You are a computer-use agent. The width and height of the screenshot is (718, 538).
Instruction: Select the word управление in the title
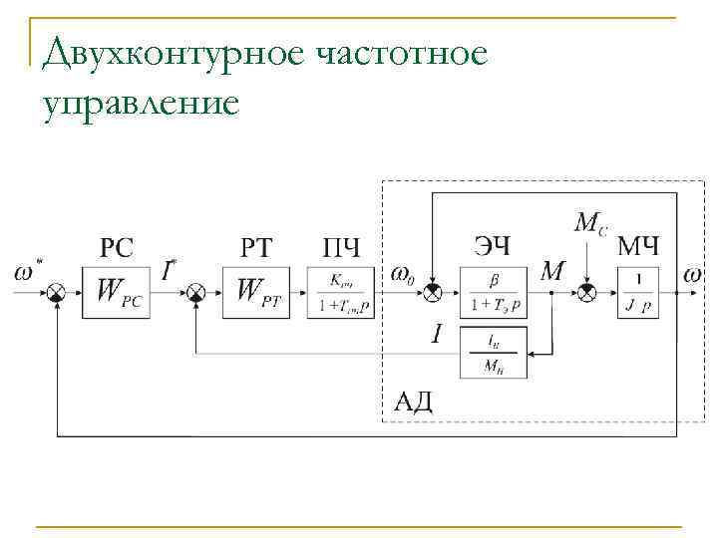(142, 102)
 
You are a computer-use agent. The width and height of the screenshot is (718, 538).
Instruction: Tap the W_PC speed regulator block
(117, 291)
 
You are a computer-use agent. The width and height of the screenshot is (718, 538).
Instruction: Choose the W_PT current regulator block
(256, 291)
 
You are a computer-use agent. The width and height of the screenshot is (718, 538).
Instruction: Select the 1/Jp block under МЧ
(637, 291)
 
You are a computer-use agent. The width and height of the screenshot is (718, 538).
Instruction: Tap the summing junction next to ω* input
(58, 291)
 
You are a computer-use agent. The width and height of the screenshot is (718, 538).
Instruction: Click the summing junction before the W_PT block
(196, 291)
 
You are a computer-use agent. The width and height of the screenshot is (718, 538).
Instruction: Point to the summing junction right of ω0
(431, 291)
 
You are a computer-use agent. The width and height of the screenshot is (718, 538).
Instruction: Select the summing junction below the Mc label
(588, 291)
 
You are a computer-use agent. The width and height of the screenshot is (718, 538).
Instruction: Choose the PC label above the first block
(117, 246)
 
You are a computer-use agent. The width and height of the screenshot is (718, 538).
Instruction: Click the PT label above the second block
(256, 246)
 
